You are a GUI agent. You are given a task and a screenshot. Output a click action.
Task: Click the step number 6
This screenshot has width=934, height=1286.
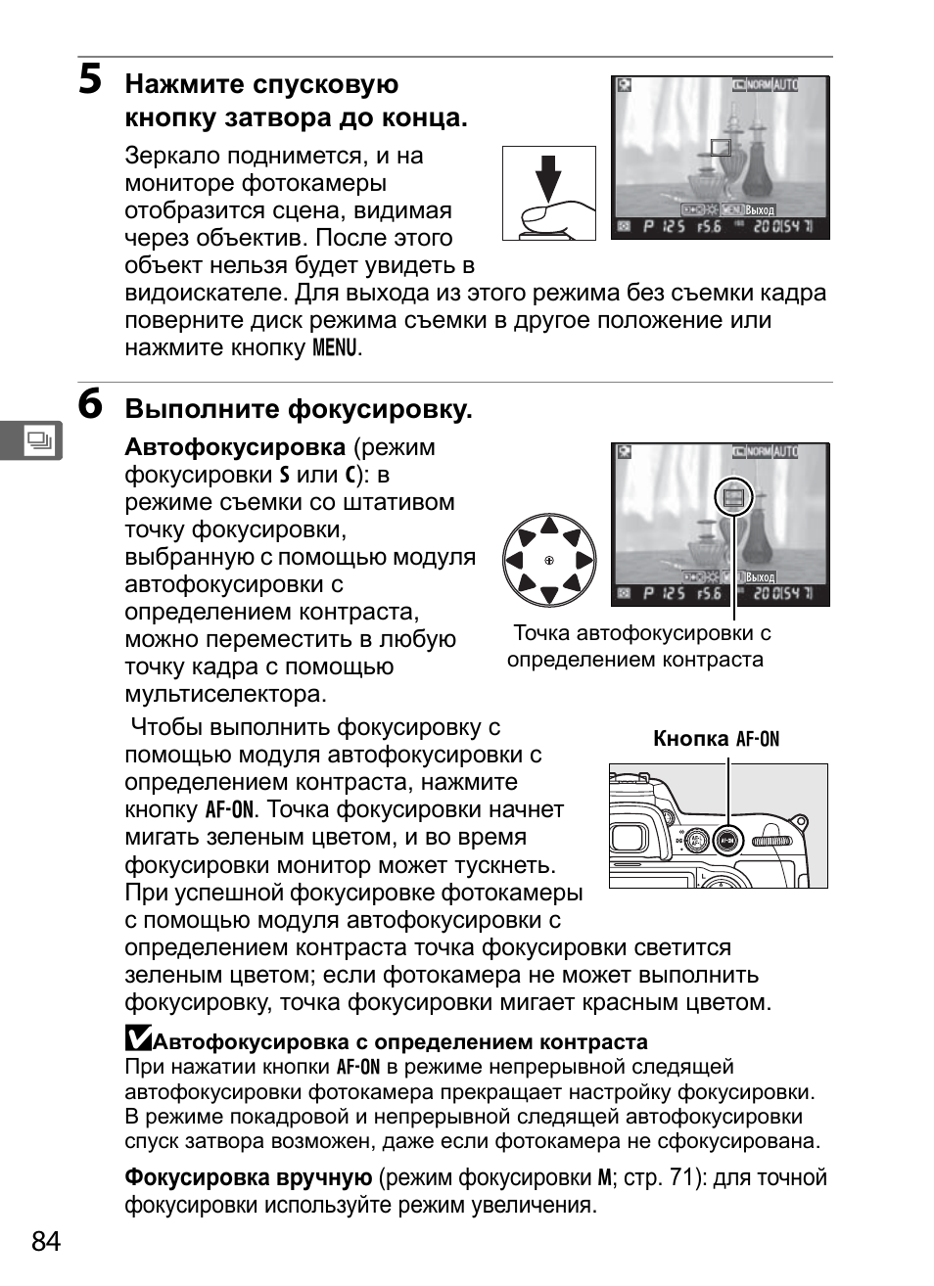90,404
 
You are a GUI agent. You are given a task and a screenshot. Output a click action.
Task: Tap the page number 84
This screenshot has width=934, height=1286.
46,1241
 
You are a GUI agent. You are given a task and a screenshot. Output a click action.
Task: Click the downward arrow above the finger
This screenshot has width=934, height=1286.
548,177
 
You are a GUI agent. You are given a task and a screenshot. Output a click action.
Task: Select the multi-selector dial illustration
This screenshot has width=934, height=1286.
549,561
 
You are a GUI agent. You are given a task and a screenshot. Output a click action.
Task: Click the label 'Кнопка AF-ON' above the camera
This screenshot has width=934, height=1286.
716,739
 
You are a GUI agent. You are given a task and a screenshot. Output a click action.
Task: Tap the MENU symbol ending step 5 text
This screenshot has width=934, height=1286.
334,347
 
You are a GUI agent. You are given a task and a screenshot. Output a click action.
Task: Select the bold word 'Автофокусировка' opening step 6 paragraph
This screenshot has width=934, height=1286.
235,447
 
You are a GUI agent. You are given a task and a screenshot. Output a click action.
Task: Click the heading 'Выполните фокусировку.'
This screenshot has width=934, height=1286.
299,409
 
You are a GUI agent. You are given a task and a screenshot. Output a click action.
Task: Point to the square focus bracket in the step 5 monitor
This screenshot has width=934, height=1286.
721,147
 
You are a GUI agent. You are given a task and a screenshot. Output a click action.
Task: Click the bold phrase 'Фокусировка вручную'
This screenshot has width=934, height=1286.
248,1177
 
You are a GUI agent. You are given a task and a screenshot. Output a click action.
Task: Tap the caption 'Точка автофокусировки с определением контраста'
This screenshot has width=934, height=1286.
638,646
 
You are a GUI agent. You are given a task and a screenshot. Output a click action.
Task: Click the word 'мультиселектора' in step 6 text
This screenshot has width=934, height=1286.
225,694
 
